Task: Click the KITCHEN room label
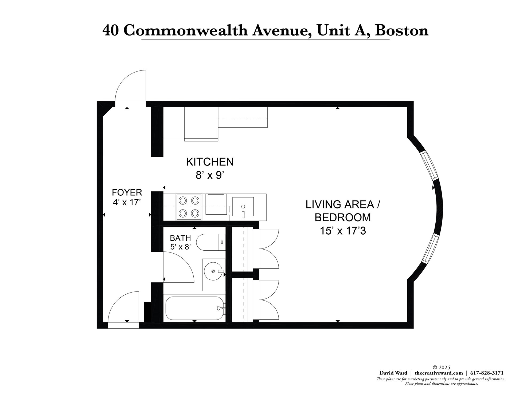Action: click(x=210, y=162)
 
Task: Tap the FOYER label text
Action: click(x=127, y=192)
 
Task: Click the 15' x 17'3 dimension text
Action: click(x=343, y=231)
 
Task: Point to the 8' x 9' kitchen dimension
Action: click(x=210, y=175)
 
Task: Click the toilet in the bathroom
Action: click(x=210, y=242)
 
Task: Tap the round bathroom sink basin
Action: click(x=213, y=271)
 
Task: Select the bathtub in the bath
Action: click(x=194, y=308)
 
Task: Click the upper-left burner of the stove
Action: click(x=183, y=200)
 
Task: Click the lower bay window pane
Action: click(x=430, y=249)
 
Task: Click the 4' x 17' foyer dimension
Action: click(x=127, y=202)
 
